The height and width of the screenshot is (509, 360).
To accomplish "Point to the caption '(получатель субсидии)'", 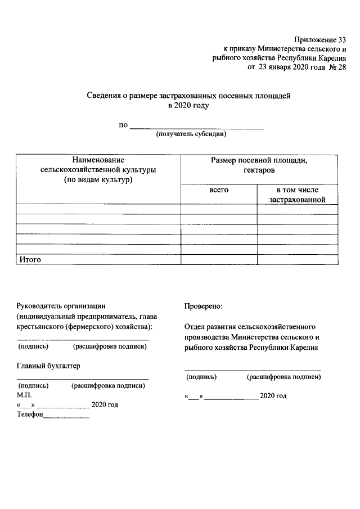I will click(x=191, y=134).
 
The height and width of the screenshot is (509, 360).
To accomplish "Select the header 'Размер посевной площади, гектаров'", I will click(x=259, y=165).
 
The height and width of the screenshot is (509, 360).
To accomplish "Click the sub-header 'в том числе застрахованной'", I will click(x=298, y=195).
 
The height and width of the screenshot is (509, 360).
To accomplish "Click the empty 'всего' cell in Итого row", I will click(x=219, y=259).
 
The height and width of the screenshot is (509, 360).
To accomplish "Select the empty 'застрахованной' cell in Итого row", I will click(x=298, y=259).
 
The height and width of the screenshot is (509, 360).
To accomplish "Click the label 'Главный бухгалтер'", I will click(x=48, y=366).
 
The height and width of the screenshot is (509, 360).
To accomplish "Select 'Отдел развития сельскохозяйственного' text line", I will click(x=250, y=326).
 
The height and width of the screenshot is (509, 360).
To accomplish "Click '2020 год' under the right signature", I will click(x=273, y=396).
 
